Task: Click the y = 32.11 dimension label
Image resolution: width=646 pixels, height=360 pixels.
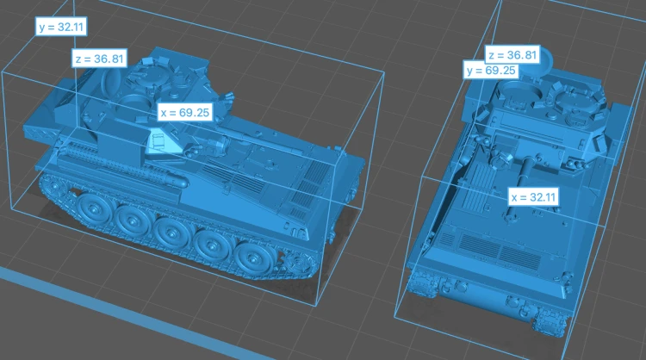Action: (61, 27)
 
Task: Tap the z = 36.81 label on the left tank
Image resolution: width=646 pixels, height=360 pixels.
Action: (99, 59)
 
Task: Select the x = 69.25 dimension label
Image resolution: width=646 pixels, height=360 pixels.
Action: (185, 112)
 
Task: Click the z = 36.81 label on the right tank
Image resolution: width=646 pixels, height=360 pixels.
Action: (512, 55)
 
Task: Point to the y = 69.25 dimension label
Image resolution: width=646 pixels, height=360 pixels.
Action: (491, 71)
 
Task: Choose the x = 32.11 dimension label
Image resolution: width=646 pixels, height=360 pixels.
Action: (533, 197)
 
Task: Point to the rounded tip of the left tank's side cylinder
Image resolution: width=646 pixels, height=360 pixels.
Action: (180, 181)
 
